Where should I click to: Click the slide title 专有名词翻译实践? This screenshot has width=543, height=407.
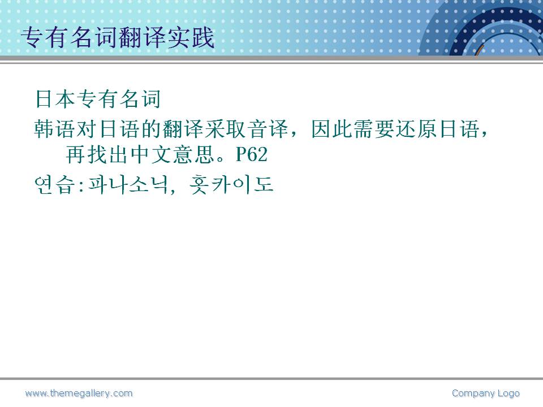[118, 37]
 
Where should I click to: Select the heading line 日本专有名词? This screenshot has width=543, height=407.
[98, 99]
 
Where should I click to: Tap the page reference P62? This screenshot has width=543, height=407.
[252, 154]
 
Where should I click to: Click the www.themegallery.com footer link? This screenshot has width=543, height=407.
[79, 393]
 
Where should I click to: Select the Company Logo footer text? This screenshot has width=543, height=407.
[485, 393]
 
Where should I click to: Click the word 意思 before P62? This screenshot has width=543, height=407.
[193, 154]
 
